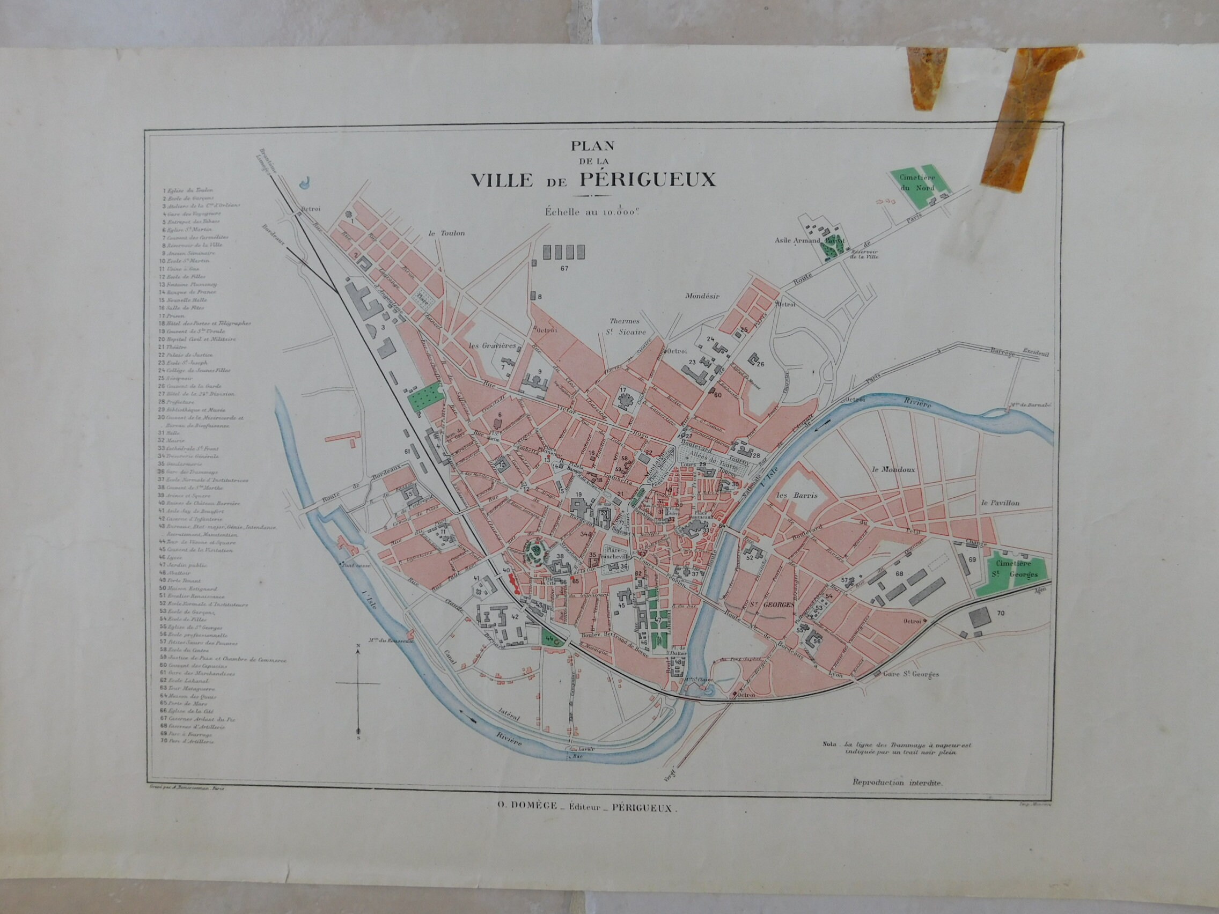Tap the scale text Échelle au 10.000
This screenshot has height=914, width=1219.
pos(591,211)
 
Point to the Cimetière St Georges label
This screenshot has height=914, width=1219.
pos(1014,569)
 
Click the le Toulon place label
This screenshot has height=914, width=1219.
pos(446,233)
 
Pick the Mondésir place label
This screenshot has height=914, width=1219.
pos(703,296)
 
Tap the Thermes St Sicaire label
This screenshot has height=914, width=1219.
pos(627,327)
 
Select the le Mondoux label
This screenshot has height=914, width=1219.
pos(893,470)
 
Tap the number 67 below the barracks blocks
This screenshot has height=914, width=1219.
pos(564,268)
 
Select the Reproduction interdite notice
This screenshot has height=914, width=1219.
pos(897,782)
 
